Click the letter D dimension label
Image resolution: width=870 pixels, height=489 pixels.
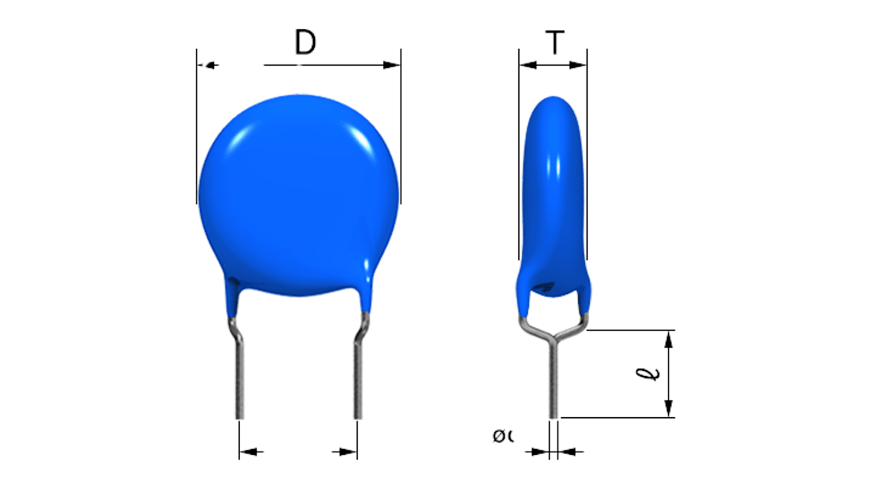305,43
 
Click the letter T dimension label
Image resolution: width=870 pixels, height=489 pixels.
554,43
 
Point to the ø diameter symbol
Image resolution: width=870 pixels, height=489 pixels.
500,436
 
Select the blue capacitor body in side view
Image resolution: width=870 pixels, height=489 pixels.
553,196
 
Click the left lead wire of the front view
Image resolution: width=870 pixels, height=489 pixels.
239,380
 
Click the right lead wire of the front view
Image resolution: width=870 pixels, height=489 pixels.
358,380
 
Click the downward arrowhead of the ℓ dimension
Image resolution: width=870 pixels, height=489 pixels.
669,409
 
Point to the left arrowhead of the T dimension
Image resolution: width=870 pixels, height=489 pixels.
527,65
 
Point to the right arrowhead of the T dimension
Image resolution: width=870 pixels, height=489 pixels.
578,65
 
